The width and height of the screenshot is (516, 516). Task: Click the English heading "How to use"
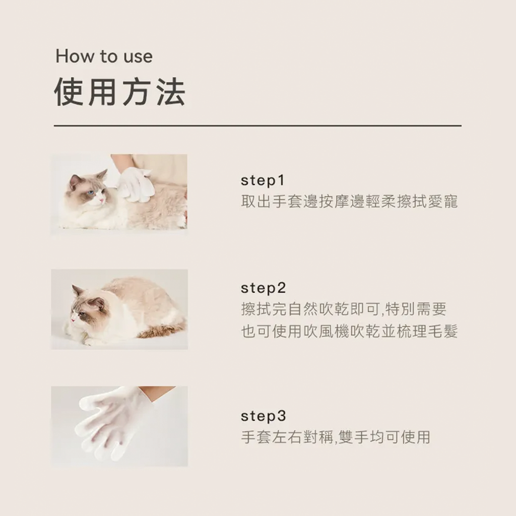coord(104,56)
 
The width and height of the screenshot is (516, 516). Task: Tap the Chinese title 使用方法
coord(119,92)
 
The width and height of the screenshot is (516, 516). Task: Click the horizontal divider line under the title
coord(257,125)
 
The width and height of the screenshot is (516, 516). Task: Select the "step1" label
coord(262,180)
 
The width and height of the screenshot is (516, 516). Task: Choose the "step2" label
coord(263,288)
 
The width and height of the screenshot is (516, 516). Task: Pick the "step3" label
coord(263,416)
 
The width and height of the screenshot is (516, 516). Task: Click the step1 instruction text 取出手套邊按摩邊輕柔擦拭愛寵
coord(349,202)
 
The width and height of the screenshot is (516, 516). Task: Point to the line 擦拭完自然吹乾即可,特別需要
coord(344,309)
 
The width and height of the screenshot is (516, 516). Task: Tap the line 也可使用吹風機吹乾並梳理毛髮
coord(349,331)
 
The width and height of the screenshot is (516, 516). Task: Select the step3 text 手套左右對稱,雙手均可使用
coord(336,437)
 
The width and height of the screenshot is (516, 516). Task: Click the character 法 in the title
coord(171,92)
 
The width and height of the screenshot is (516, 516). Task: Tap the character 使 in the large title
coord(69,92)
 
